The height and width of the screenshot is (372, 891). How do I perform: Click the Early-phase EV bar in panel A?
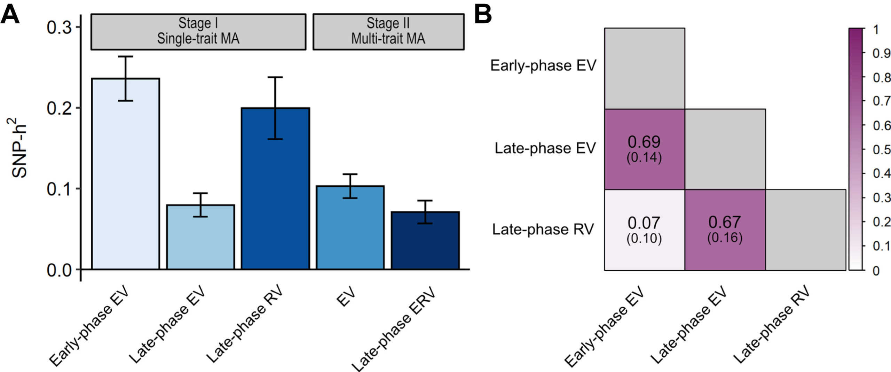coord(125,174)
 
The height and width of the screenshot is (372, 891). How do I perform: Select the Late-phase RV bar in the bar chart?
coord(275,188)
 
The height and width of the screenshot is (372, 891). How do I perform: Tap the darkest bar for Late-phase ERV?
coord(425,240)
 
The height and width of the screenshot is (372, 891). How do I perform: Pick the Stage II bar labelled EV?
coord(350,227)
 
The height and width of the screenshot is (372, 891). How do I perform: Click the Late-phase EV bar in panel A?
coord(200,237)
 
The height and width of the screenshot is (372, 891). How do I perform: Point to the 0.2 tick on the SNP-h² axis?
coord(78,108)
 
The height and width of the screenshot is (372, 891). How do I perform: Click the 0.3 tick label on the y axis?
coord(59,28)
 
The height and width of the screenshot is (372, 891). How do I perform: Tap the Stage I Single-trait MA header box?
coord(198,32)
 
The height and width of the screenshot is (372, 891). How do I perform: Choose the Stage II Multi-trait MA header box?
coord(388,32)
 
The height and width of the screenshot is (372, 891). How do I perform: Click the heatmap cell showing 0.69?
coord(645,149)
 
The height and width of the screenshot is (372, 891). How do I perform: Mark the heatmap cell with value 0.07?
coord(645,230)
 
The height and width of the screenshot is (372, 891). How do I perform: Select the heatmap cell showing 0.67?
coord(725,230)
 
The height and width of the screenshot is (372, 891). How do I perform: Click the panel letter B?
coord(483,15)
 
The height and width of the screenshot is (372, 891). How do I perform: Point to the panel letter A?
coord(10,15)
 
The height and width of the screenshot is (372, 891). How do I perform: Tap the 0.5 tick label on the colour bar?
coord(882,150)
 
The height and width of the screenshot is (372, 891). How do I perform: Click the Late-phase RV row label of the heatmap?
coord(543,230)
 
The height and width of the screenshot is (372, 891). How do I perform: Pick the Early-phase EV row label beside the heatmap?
coord(543,66)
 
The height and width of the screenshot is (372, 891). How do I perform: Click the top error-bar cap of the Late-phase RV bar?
coord(275,77)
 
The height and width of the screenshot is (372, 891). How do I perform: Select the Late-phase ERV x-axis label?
coord(393,329)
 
